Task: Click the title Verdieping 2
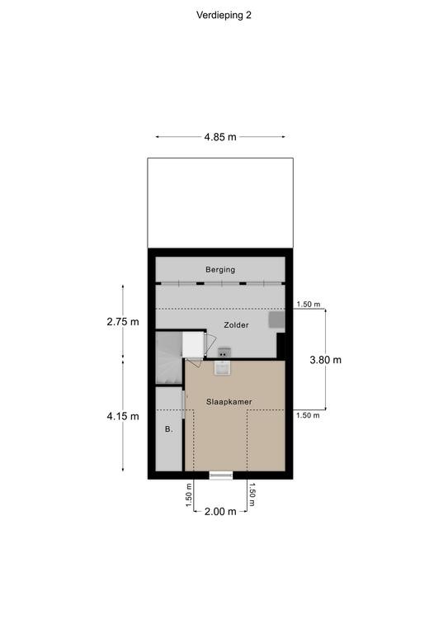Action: click(x=224, y=15)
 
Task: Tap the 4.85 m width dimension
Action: click(x=220, y=137)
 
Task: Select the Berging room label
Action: click(x=220, y=269)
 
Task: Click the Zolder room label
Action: click(x=236, y=324)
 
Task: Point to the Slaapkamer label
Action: click(x=229, y=401)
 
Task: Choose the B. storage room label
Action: click(x=169, y=429)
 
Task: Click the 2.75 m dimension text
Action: click(x=123, y=321)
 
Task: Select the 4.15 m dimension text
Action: click(x=123, y=416)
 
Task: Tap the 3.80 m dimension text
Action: click(x=326, y=359)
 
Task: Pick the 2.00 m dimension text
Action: click(x=220, y=512)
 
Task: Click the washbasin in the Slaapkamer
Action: click(x=223, y=368)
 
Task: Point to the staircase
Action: click(x=169, y=357)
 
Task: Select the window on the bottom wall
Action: click(x=221, y=475)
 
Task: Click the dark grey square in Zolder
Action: click(x=277, y=319)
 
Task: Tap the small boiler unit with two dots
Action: click(x=224, y=352)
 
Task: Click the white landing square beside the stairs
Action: click(x=193, y=344)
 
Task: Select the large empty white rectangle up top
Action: click(x=220, y=202)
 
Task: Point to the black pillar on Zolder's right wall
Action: click(x=281, y=346)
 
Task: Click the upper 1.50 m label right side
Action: click(x=308, y=305)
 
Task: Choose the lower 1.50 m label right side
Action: click(x=308, y=415)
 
